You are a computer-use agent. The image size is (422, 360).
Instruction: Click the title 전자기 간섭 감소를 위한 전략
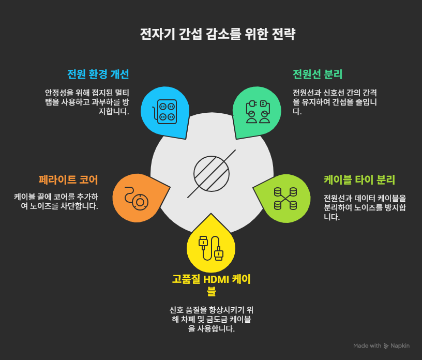(x=211, y=35)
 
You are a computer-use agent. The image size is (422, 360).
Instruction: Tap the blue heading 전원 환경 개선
(x=98, y=73)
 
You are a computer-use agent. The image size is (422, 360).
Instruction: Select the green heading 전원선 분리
(x=318, y=73)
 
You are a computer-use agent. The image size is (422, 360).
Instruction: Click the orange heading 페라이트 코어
(x=68, y=180)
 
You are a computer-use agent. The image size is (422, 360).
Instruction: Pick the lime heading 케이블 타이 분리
(x=359, y=180)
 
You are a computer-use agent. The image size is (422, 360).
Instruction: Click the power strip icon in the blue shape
(x=165, y=111)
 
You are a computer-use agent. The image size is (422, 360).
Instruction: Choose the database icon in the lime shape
(x=285, y=198)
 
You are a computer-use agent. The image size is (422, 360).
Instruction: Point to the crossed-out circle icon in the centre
(x=211, y=173)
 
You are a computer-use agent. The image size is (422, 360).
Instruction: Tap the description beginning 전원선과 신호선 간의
(x=335, y=101)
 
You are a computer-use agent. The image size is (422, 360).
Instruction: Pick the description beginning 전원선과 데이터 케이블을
(x=365, y=207)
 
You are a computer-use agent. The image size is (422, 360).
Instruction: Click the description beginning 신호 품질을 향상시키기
(x=211, y=319)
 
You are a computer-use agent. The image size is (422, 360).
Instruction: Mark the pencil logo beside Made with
(x=386, y=346)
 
